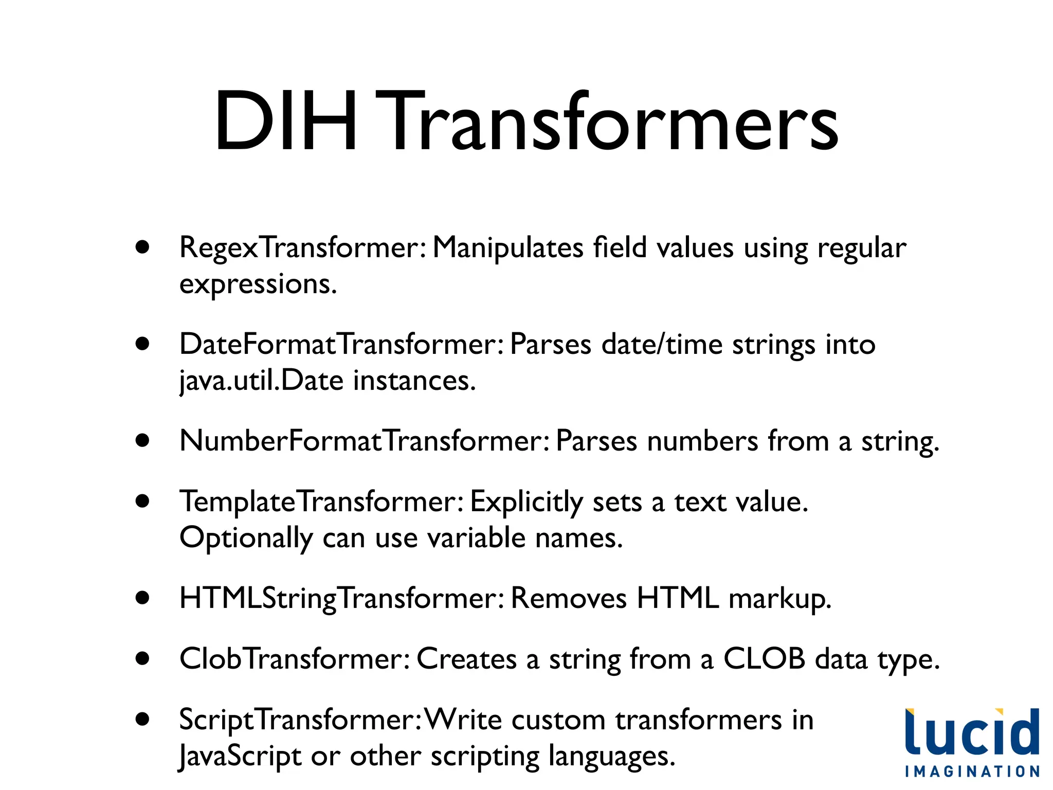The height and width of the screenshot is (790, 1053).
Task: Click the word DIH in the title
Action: [x=285, y=122]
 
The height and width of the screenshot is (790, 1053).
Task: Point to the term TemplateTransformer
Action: [x=322, y=501]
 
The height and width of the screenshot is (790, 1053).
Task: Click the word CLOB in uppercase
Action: [x=764, y=658]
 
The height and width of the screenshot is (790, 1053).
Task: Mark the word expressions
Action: [x=258, y=284]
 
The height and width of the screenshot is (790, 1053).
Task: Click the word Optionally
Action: [x=246, y=538]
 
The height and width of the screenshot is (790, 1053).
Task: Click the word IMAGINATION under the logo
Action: [x=972, y=771]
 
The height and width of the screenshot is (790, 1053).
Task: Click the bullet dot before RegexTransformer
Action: [x=142, y=247]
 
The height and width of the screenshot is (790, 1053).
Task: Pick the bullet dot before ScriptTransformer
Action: [x=142, y=719]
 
